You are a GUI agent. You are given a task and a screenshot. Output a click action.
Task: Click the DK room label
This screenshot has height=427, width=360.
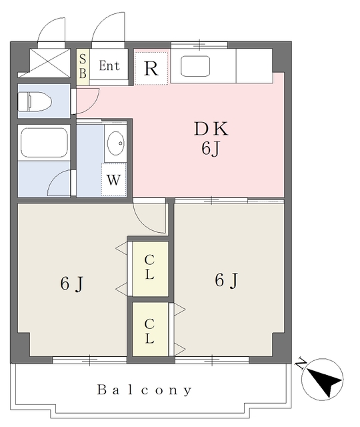click(211, 129)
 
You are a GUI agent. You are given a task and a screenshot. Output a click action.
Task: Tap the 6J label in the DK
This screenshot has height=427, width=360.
click(211, 149)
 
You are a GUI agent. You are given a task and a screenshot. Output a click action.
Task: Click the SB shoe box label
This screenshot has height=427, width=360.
click(83, 66)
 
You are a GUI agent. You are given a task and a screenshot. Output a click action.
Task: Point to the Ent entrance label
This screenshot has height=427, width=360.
click(109, 66)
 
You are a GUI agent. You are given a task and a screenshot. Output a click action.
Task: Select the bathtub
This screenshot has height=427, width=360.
click(43, 141)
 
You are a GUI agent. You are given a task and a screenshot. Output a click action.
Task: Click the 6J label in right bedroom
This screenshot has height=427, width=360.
click(226, 281)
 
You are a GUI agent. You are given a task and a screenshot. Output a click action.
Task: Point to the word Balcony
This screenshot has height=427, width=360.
click(145, 390)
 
